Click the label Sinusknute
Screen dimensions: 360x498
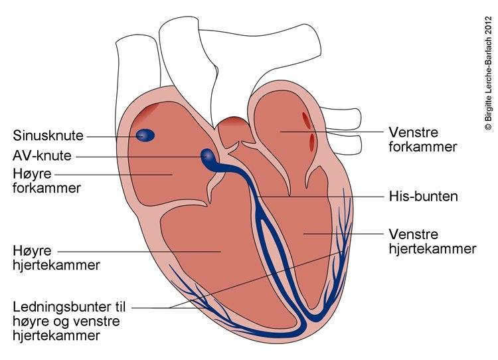pyautogui.click(x=48, y=136)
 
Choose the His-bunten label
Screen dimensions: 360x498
pyautogui.click(x=422, y=197)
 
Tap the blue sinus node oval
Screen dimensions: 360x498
pyautogui.click(x=145, y=135)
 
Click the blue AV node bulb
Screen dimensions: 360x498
pyautogui.click(x=208, y=157)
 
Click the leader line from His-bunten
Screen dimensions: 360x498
pyautogui.click(x=319, y=197)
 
